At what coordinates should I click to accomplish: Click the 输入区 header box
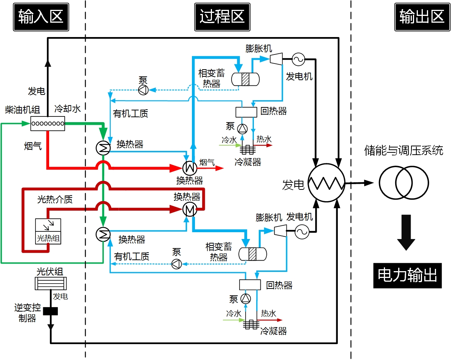click(41, 17)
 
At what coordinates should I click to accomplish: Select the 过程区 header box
click(222, 17)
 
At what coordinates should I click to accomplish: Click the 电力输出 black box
click(407, 276)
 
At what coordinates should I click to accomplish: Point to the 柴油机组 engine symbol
click(48, 124)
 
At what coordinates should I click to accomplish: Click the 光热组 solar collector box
click(48, 231)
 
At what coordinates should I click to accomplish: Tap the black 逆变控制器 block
click(50, 311)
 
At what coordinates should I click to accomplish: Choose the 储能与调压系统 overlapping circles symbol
click(404, 183)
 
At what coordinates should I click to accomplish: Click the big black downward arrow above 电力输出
click(406, 232)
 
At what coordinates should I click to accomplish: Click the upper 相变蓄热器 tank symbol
click(245, 79)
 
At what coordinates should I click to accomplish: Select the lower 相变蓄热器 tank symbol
click(252, 253)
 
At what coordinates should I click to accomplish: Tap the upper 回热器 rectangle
click(246, 112)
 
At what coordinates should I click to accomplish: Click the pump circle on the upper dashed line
click(144, 90)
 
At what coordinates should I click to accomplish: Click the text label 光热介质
click(55, 199)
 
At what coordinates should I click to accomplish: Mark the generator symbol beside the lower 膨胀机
click(302, 232)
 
